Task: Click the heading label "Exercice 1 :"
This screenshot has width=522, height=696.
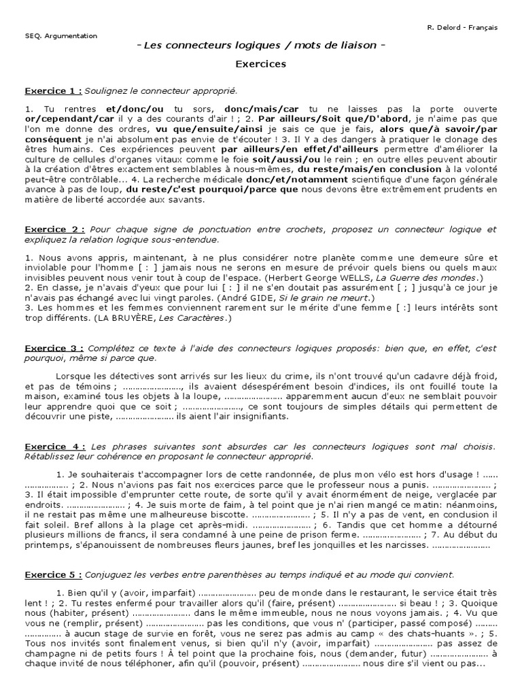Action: [x=54, y=90]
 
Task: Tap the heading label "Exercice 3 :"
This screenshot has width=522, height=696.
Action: [x=54, y=348]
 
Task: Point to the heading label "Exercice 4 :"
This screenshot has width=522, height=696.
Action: [x=54, y=446]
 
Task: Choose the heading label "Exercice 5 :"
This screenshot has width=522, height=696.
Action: [x=54, y=555]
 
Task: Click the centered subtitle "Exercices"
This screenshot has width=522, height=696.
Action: [x=261, y=65]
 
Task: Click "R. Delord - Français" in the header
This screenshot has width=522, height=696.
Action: [x=462, y=28]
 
